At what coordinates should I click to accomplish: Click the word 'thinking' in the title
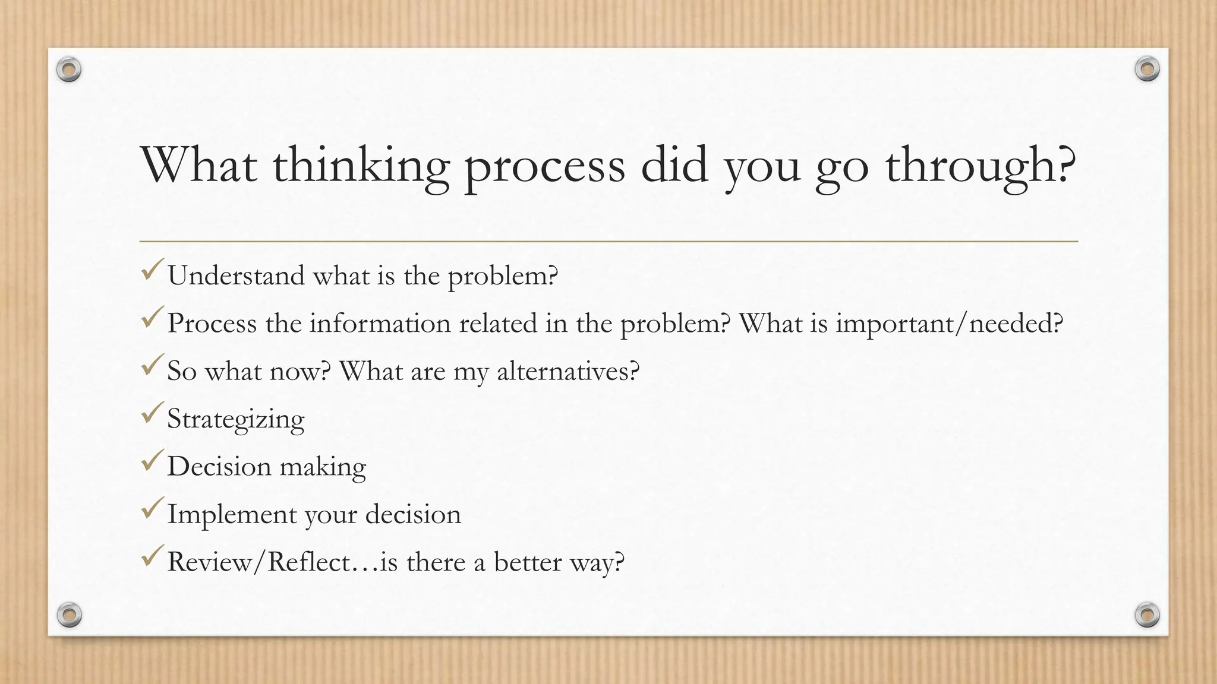coord(360,166)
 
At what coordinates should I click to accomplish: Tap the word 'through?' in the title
coord(980,166)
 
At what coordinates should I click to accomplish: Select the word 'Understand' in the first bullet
coord(236,276)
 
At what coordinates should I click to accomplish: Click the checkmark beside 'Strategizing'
coord(152,413)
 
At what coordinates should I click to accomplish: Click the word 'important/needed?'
coord(949,324)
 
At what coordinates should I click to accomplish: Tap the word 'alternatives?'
coord(568,372)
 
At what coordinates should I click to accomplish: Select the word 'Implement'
coord(232,515)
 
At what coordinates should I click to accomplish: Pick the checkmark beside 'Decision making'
coord(152,461)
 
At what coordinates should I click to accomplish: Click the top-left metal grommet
coord(69,70)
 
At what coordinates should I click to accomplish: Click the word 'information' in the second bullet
coord(380,324)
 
